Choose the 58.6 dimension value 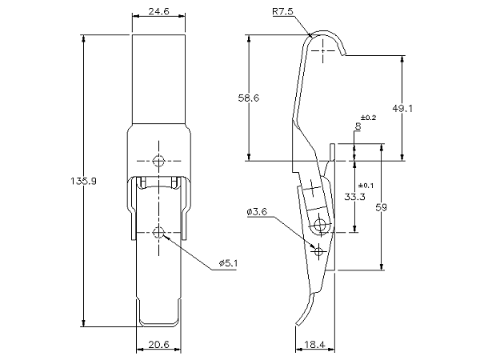[249, 97]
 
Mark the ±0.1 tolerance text [366, 186]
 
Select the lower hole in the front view [159, 233]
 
